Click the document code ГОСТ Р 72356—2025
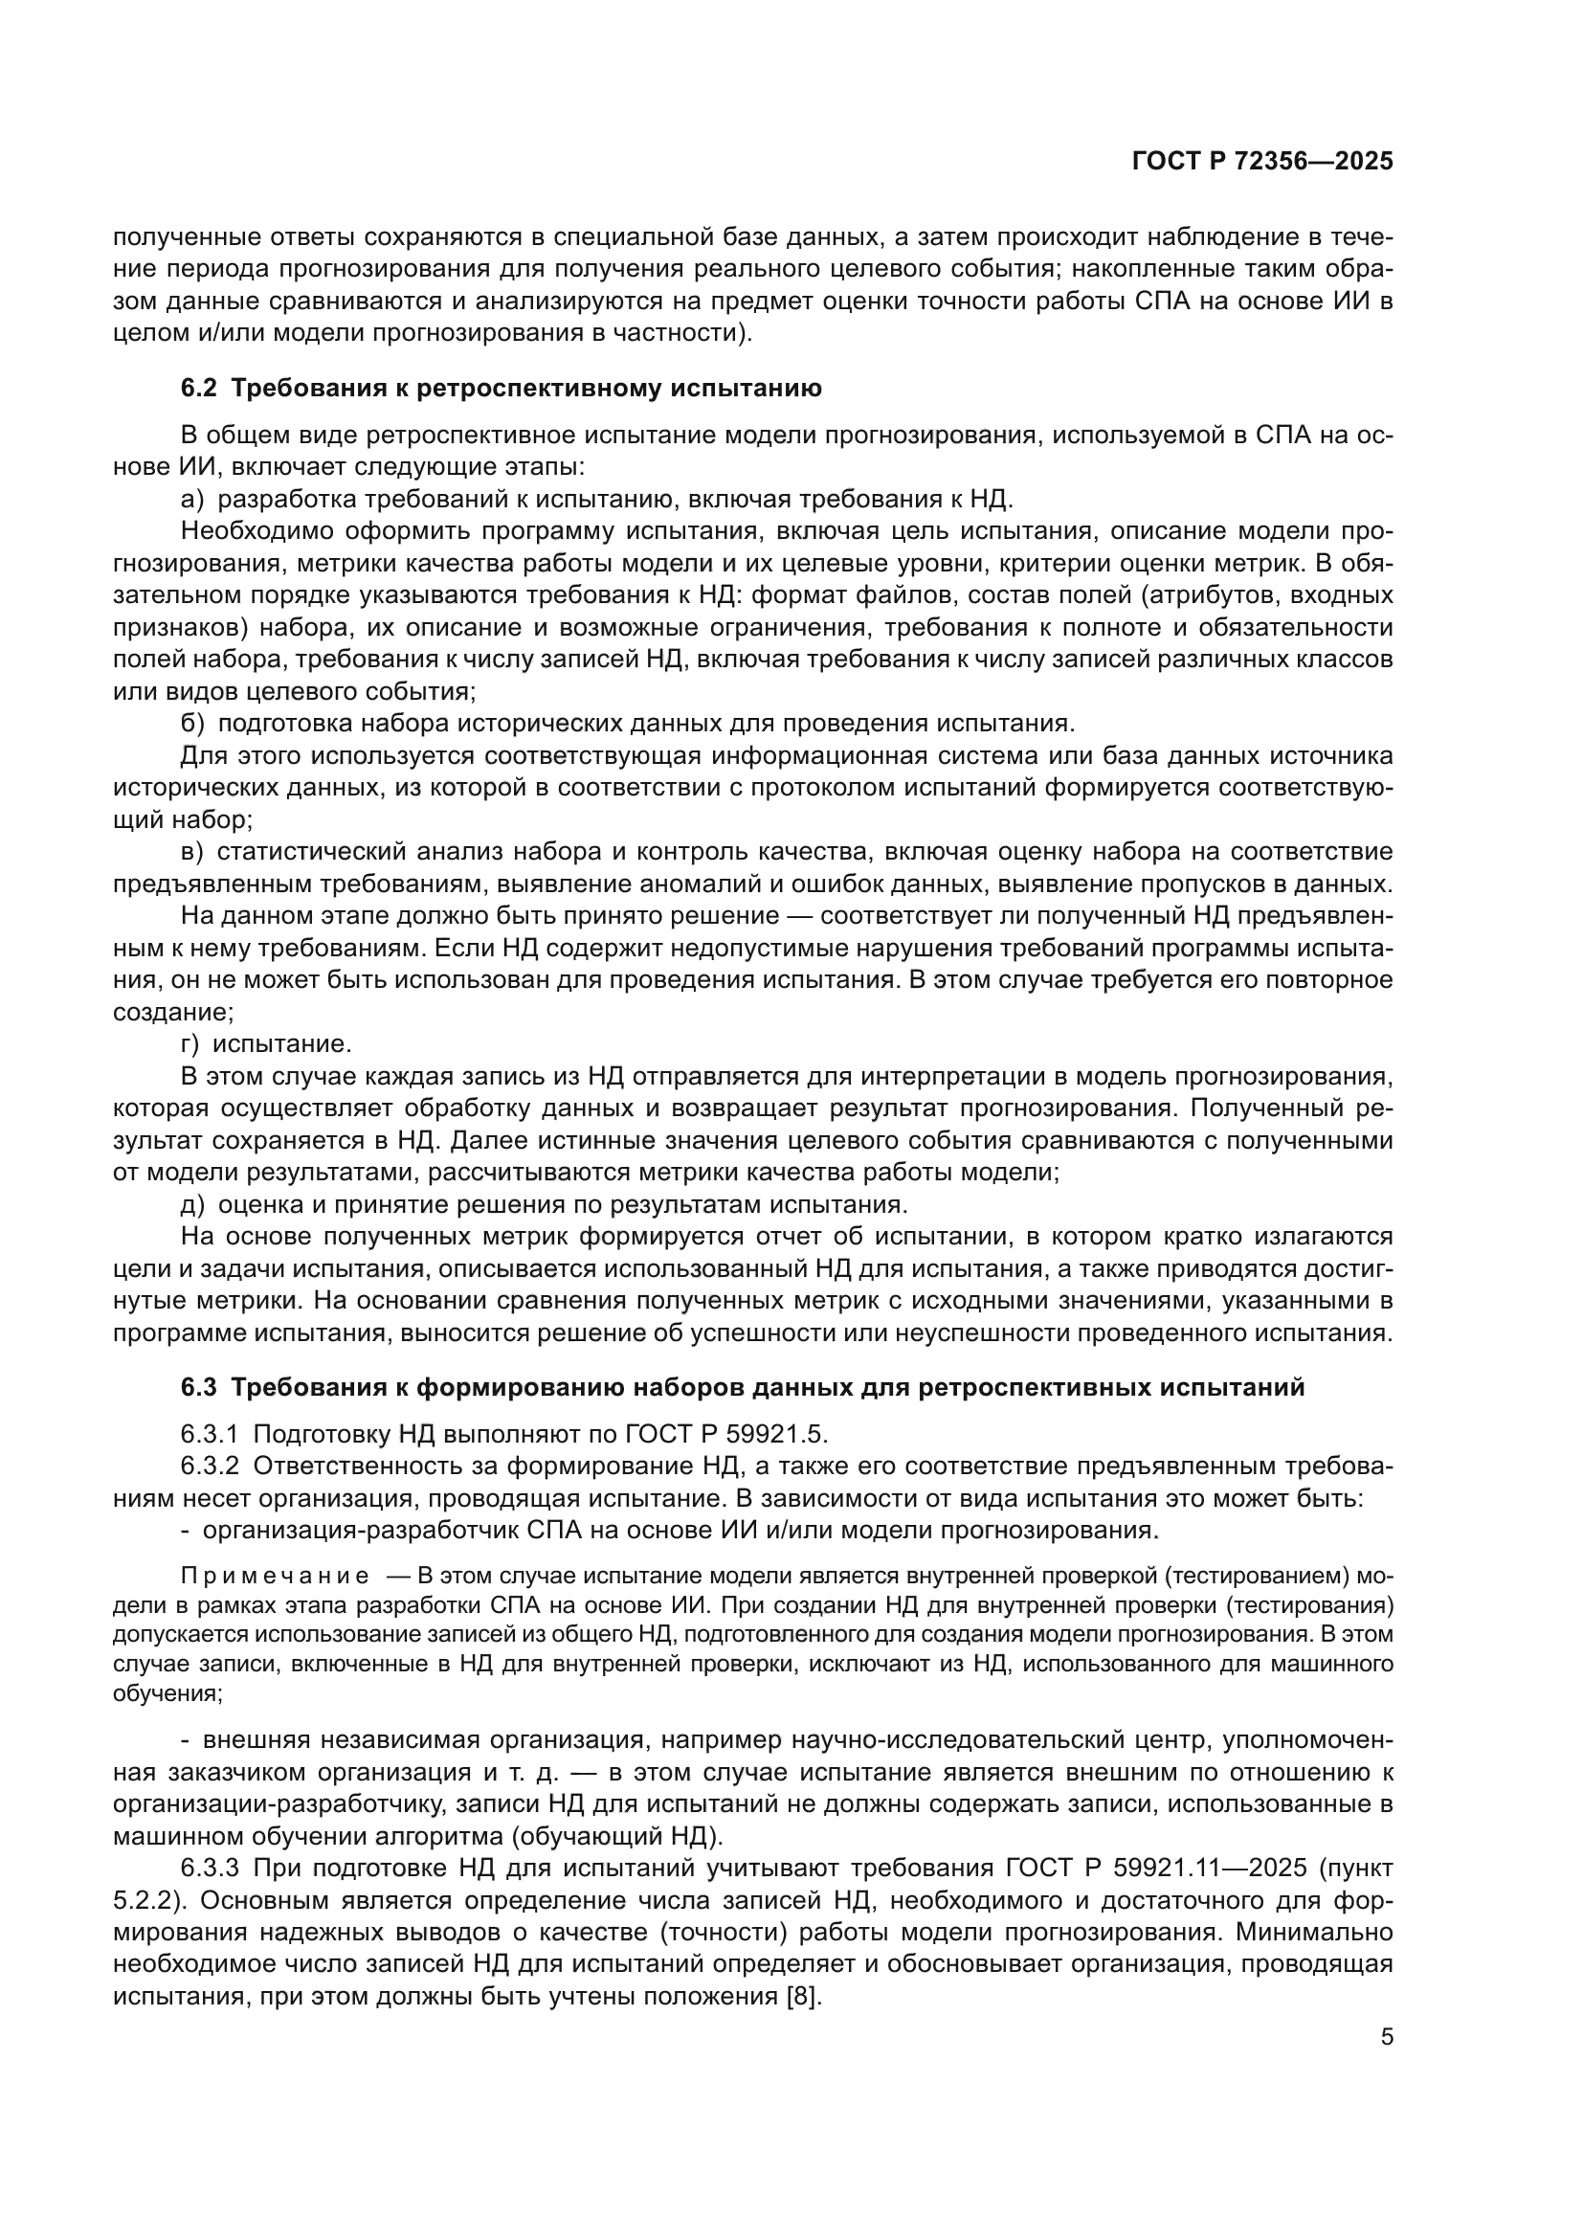1262,162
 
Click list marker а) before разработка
192,500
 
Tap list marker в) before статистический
192,851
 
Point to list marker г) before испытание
190,1043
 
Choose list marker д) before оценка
192,1204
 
